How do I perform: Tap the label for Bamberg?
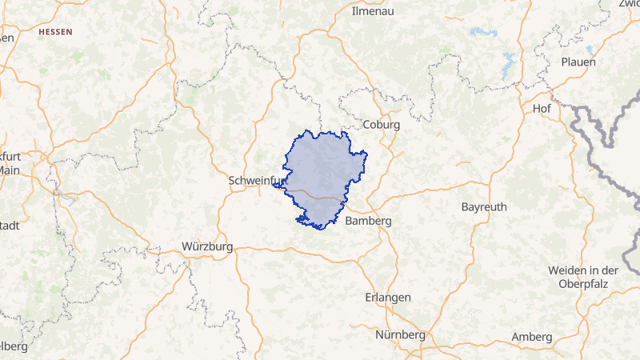pos(367,221)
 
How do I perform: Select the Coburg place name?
pos(381,125)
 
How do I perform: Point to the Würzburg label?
pos(207,246)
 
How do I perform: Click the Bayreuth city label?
pos(484,206)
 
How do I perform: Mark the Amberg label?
pos(532,337)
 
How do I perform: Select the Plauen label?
pos(578,62)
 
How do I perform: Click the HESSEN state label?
pos(55,32)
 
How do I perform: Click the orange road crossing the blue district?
pos(316,194)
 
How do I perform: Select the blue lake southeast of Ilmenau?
pos(482,32)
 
